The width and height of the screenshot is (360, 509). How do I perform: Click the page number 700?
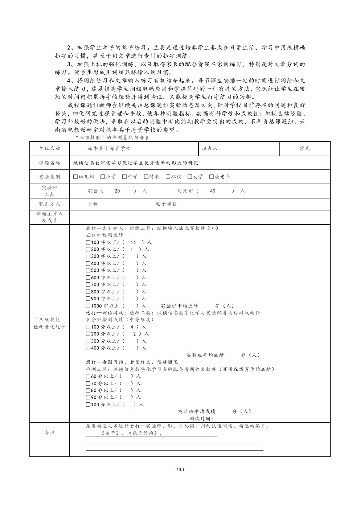tap(180, 469)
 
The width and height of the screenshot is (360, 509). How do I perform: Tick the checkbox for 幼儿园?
tap(75, 177)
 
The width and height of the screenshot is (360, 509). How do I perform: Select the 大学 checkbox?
tap(190, 177)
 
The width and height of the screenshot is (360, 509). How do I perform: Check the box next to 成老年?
tap(212, 177)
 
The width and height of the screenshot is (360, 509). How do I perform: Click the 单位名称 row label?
tap(50, 148)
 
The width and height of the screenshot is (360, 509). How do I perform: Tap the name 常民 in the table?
tap(305, 148)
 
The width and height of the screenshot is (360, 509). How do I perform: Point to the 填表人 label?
tap(210, 148)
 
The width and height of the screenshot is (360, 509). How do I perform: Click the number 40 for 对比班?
tap(213, 191)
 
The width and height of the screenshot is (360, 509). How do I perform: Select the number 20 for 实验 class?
tap(117, 191)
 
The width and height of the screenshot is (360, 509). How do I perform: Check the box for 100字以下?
tap(88, 242)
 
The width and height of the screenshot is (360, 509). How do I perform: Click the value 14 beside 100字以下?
tap(133, 242)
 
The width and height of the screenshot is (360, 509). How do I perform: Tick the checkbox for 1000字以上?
tap(88, 306)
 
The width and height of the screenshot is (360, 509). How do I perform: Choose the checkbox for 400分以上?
tap(88, 348)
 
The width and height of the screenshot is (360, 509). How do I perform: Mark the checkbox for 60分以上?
tap(88, 376)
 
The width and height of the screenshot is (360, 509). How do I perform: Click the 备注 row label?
tap(50, 432)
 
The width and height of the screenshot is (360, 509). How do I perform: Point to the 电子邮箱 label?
tap(167, 204)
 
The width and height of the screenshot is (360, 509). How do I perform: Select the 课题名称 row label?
tap(50, 163)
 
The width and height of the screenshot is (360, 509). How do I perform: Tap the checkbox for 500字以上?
tap(88, 270)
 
